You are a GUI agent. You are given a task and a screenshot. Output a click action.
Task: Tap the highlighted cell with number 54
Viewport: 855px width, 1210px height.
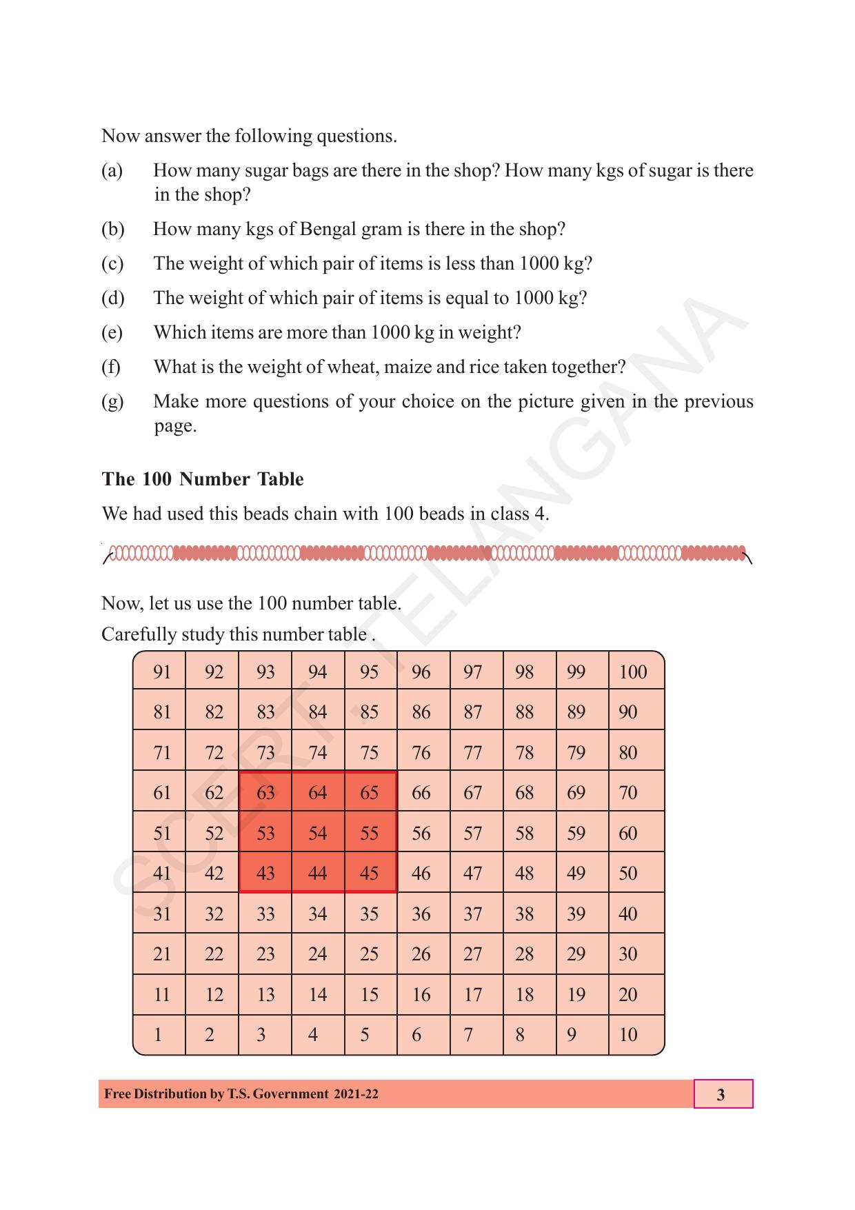(x=317, y=833)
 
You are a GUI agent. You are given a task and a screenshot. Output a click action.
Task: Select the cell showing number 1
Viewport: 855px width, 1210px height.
(x=159, y=1034)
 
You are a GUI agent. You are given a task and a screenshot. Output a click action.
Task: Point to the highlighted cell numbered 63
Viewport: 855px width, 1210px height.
(x=265, y=793)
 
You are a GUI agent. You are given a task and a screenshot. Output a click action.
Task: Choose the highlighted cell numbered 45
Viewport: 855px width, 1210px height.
(x=370, y=873)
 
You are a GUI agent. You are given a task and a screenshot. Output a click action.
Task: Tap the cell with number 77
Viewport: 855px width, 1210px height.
(x=473, y=752)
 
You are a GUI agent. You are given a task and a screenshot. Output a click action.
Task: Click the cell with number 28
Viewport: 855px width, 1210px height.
(x=524, y=954)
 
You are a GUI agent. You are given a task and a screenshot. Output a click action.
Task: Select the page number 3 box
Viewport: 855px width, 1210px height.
(x=722, y=1094)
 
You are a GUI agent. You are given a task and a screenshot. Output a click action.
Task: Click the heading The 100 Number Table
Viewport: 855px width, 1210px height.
(x=202, y=479)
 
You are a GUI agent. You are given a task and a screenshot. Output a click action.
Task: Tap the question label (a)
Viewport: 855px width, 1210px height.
(x=112, y=170)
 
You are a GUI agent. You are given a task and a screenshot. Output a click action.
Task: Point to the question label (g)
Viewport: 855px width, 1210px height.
(x=112, y=401)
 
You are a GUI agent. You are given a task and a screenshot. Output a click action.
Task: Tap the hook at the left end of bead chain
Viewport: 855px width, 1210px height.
(x=106, y=555)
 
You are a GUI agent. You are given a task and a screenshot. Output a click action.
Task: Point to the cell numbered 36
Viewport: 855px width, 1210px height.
(x=421, y=914)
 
